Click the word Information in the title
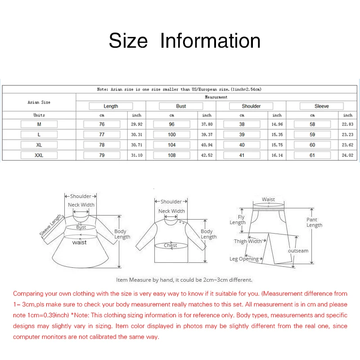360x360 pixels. (210, 40)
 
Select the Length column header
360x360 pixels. (111, 106)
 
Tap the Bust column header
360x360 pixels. (181, 106)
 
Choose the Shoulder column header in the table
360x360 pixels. (251, 106)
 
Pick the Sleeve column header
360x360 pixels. (321, 106)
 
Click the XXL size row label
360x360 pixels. (39, 155)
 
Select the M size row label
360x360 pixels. (39, 124)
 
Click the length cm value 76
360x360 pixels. (102, 124)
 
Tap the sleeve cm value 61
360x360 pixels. (312, 155)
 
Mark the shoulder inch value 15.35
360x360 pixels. (277, 135)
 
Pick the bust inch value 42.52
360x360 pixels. (207, 155)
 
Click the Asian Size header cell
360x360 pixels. (39, 102)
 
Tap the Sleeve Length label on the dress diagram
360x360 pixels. (51, 225)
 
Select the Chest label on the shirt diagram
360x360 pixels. (171, 246)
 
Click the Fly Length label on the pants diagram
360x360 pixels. (238, 220)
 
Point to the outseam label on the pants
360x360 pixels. (298, 251)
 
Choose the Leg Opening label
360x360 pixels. (244, 259)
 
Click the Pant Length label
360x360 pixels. (314, 222)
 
